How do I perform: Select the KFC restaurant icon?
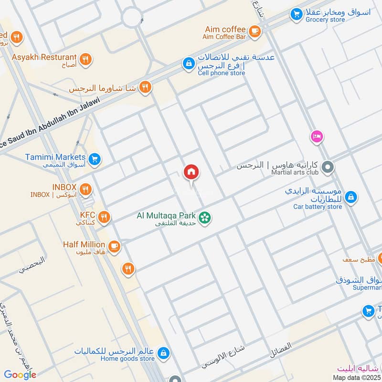(104, 218)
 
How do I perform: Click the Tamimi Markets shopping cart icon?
(95, 159)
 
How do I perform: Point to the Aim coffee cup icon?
(254, 32)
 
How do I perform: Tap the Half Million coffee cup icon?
(114, 246)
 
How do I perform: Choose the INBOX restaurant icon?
(85, 190)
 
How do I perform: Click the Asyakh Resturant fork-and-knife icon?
(86, 59)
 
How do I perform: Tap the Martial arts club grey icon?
(328, 168)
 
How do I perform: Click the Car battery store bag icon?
(351, 196)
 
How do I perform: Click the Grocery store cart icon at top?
(296, 15)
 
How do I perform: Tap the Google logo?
(20, 375)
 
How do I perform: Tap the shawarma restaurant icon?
(146, 87)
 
